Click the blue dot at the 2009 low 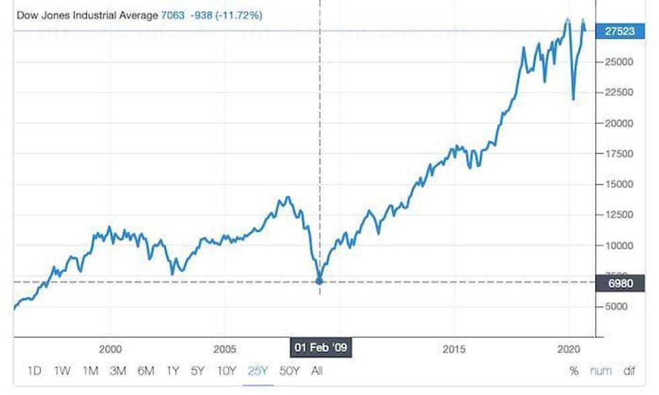point(319,281)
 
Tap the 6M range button point(145,371)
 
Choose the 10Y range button point(227,371)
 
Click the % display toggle point(574,371)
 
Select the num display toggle point(600,371)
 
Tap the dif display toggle point(629,371)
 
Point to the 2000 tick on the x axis point(110,349)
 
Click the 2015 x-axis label point(454,349)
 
